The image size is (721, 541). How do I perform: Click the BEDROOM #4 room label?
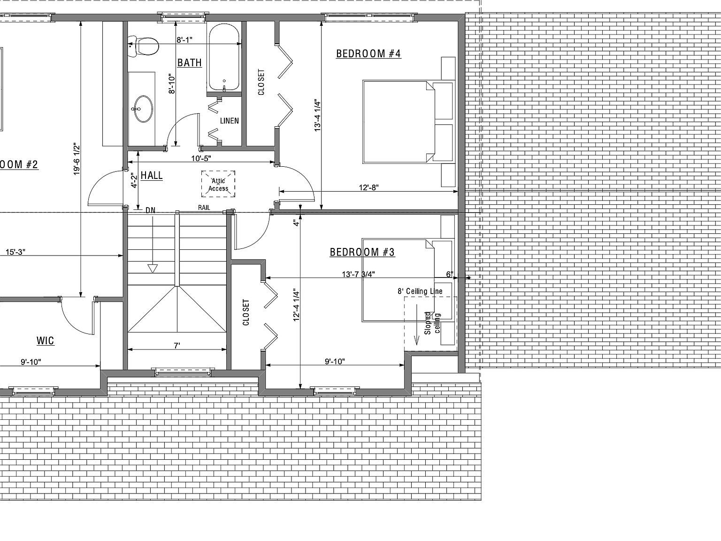(x=368, y=54)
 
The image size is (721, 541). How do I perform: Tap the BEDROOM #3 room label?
(x=362, y=252)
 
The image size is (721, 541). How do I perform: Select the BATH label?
(x=190, y=62)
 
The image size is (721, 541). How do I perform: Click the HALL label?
(x=152, y=176)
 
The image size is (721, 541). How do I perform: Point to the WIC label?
(x=46, y=340)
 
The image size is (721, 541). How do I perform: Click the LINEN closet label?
(x=230, y=121)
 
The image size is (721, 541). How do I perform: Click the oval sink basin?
(x=143, y=109)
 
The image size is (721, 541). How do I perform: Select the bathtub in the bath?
(x=224, y=58)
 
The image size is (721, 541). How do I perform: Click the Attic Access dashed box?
(x=218, y=184)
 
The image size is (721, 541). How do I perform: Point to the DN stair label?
(x=150, y=210)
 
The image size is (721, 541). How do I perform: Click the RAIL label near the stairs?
(x=204, y=208)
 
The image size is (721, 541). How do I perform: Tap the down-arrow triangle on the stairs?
(x=152, y=268)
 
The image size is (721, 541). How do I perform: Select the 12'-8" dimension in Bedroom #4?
(x=369, y=187)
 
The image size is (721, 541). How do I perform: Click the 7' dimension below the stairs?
(x=177, y=346)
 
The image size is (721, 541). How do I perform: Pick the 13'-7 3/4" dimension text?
(x=359, y=274)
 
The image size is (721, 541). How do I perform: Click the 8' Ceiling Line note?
(x=420, y=291)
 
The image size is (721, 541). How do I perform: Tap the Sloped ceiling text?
(x=432, y=323)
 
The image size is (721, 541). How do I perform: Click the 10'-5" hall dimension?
(x=201, y=158)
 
